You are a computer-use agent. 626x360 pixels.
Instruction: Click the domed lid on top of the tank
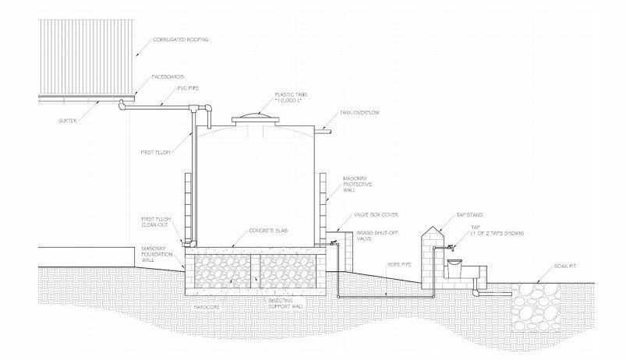(x=253, y=116)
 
